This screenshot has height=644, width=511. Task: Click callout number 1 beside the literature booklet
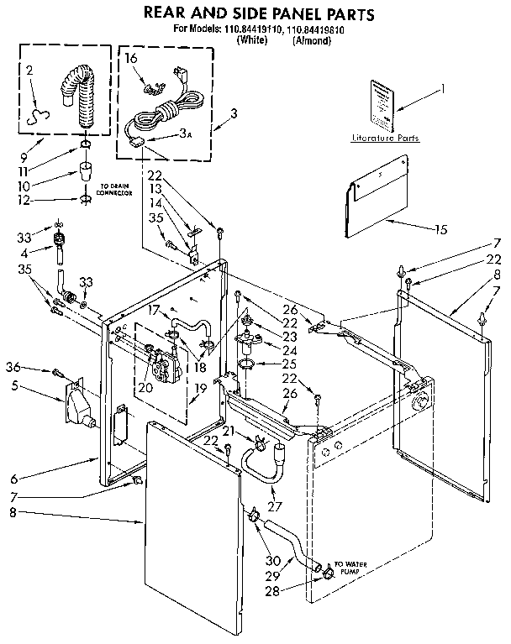(x=444, y=89)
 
